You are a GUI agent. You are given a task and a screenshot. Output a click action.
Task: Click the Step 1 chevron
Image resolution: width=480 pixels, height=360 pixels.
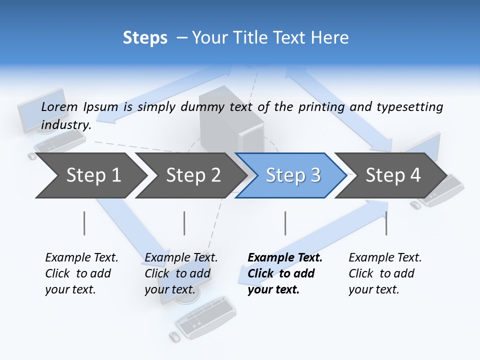point(92,175)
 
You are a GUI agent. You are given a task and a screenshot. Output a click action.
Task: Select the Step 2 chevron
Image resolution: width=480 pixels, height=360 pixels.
point(192,175)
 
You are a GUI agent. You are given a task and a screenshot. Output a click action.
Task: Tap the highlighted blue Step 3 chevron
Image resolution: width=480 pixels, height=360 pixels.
point(292,175)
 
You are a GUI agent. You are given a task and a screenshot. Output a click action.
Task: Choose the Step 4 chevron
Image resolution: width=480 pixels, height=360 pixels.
point(392,175)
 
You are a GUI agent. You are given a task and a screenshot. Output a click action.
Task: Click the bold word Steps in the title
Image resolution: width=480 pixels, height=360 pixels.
point(145,38)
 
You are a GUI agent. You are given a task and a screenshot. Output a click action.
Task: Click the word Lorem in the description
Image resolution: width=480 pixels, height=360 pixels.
point(59,106)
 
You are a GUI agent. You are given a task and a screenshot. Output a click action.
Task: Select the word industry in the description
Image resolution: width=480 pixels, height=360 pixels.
point(65,125)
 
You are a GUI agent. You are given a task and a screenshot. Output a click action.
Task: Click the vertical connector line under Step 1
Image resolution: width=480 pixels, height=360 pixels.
point(84,223)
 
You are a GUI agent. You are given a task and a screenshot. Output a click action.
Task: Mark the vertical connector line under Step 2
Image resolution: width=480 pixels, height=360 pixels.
point(184,223)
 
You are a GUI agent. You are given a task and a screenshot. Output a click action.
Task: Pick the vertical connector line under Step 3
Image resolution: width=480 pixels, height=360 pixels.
point(285,223)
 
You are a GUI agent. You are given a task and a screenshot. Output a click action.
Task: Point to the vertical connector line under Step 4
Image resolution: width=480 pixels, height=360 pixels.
point(386,223)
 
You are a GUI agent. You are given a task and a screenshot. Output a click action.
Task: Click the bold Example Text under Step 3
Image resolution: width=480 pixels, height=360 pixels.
point(285,258)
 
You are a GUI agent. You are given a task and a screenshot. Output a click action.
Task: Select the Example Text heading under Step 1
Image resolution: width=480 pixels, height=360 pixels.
point(81,258)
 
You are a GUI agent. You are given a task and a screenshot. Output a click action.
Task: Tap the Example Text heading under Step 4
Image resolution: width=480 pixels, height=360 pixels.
point(385,258)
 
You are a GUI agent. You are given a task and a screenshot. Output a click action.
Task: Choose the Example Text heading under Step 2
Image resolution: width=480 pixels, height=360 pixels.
point(181,258)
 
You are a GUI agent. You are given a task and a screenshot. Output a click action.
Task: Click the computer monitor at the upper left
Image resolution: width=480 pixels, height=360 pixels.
point(42,109)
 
